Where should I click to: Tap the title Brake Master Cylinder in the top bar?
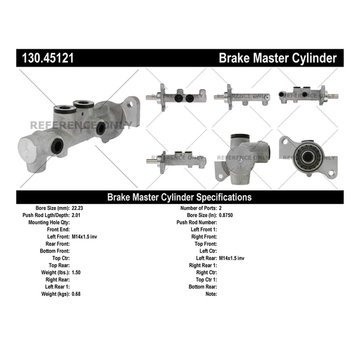pos(277,58)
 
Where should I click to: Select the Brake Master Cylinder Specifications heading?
pos(179,197)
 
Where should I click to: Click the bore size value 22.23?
pos(79,208)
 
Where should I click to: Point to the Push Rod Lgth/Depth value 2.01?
pos(76,215)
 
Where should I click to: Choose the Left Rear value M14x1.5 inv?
pos(232,258)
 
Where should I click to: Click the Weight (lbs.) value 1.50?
pos(76,272)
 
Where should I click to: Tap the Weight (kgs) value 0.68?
pos(76,294)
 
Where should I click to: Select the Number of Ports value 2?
pos(221,208)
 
